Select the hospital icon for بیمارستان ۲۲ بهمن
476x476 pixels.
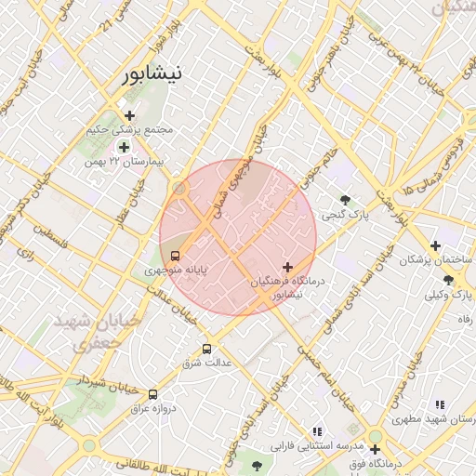123,147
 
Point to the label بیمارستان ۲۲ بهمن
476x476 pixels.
123,162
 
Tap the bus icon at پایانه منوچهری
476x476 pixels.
175,256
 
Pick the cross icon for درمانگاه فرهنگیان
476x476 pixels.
286,267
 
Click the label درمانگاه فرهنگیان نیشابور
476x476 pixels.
286,287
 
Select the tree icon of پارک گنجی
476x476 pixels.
346,200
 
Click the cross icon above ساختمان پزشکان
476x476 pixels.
434,246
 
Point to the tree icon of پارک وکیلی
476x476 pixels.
448,280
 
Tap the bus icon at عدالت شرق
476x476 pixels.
206,349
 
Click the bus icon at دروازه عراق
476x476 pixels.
153,393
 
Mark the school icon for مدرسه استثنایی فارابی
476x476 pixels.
317,431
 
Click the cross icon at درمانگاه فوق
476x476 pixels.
374,448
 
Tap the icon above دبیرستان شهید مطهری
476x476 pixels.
439,404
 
